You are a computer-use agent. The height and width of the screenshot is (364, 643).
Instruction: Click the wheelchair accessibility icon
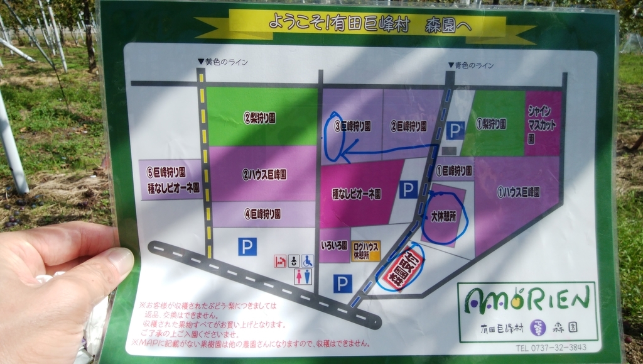point(308,261)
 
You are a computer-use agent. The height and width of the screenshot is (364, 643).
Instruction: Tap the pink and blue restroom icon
point(303,277)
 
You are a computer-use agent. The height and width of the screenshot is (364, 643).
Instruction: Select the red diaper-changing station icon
point(280,261)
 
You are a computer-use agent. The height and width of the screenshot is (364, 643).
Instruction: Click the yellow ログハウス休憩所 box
point(365,250)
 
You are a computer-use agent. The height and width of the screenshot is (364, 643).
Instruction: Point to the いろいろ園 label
point(334,245)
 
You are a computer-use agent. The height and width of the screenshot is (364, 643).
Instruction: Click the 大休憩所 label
point(443,216)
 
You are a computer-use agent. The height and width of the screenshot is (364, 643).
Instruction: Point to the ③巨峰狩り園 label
point(352,126)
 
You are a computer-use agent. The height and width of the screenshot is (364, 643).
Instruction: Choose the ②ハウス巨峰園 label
point(264,174)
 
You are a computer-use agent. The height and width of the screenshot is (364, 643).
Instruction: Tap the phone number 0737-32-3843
point(551,347)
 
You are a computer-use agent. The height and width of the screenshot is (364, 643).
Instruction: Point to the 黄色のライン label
point(223,62)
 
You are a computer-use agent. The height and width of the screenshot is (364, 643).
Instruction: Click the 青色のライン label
point(471,65)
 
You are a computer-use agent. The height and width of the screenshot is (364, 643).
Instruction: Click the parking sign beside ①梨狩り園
point(456,131)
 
